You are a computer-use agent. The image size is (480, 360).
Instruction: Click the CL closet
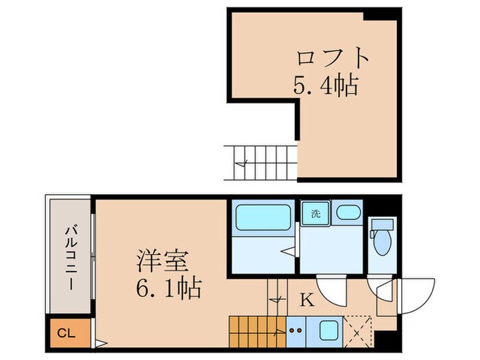tap(67, 334)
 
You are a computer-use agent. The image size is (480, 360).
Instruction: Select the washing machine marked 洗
tap(315, 214)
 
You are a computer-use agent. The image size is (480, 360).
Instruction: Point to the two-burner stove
tap(297, 329)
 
